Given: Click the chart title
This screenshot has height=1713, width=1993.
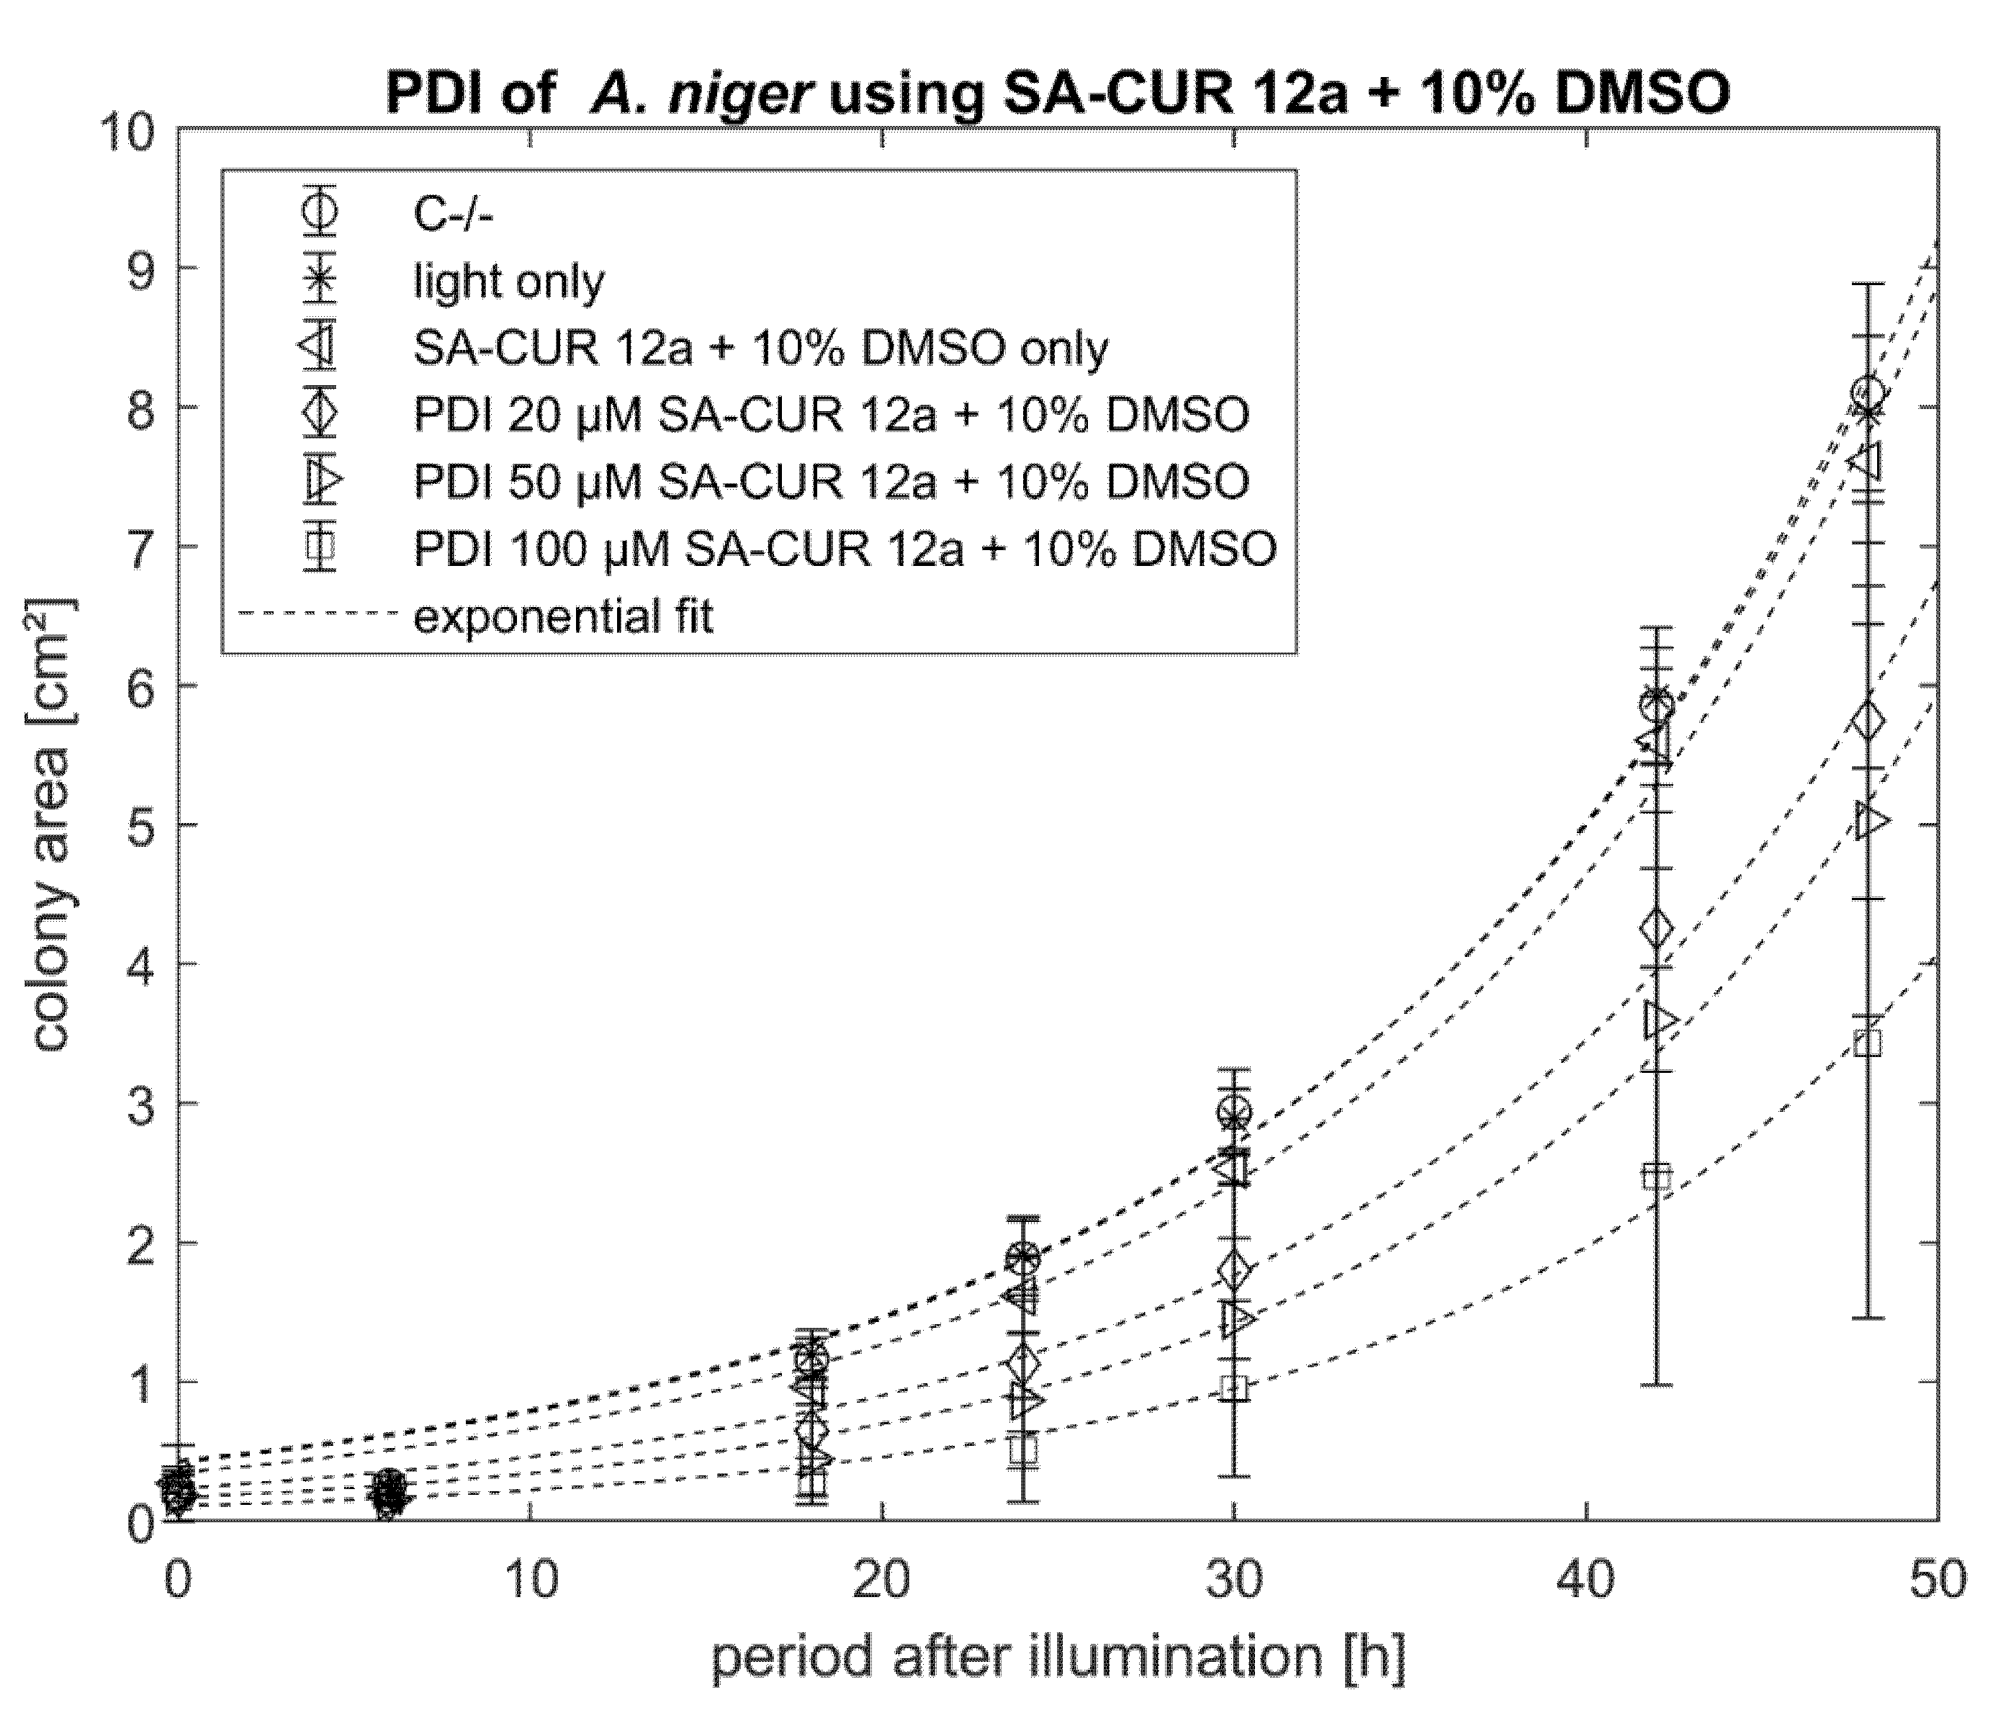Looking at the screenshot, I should tap(1057, 94).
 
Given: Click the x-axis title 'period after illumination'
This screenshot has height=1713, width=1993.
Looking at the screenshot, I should tap(1057, 1656).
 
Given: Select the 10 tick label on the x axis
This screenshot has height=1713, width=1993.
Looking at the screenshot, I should tap(531, 1581).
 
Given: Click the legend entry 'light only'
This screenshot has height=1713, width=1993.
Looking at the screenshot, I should tap(508, 282).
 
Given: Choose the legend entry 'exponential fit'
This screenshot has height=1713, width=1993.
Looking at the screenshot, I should tap(563, 616).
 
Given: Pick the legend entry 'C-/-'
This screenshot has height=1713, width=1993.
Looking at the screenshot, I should tap(452, 215).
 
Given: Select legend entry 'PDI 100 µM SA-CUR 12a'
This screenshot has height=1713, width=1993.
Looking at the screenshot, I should tap(845, 548).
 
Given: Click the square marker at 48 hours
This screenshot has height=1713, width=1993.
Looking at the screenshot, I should tap(1867, 1043).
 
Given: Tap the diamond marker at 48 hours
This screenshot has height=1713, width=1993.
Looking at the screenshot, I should tap(1867, 720).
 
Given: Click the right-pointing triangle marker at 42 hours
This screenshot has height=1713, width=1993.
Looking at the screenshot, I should tap(1659, 1020).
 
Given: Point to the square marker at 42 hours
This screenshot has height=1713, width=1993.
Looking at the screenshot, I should tap(1656, 1177).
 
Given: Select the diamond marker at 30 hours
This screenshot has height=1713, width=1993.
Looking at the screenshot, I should tap(1234, 1271).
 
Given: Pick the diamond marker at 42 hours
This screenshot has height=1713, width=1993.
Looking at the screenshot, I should tap(1656, 928).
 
